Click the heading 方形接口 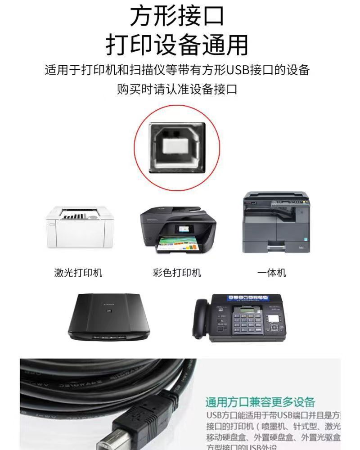pos(177,17)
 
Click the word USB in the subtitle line pos(241,71)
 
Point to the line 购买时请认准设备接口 pos(177,89)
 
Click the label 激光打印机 pos(78,273)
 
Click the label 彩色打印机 pos(177,273)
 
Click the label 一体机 pos(271,273)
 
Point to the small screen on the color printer pos(184,228)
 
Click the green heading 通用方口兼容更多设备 pos(260,402)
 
